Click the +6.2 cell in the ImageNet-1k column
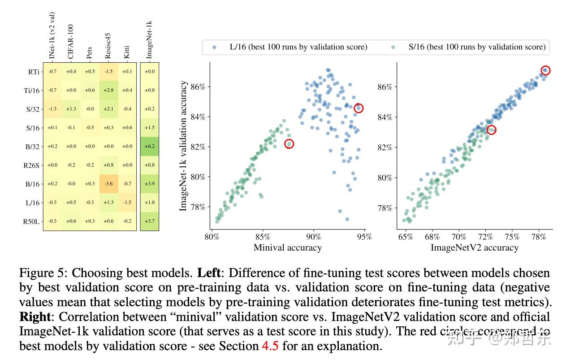pos(150,146)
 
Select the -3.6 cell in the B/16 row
pos(108,184)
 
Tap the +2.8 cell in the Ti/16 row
pos(108,90)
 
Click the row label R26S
pos(31,165)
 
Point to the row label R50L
pos(31,221)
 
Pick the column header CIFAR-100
pos(71,41)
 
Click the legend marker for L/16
pos(214,47)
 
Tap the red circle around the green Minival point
pos(289,144)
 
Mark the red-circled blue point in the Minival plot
pos(358,108)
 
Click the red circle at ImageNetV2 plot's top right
pos(545,70)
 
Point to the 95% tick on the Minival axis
pos(365,237)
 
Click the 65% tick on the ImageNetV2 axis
pos(406,237)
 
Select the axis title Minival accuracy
pos(287,247)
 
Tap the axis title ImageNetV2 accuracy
pos(474,247)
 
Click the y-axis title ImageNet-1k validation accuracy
pos(183,146)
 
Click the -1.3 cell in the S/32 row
pos(52,109)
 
